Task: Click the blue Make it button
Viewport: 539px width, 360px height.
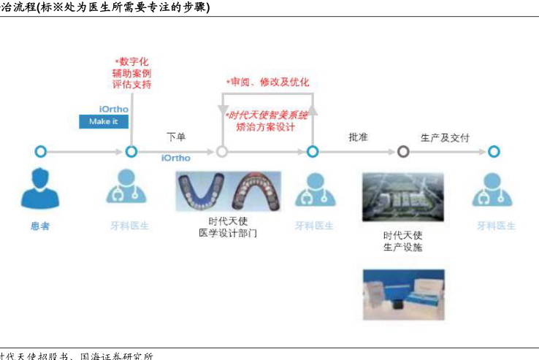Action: tap(104, 121)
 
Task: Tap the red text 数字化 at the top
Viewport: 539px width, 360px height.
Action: tap(133, 61)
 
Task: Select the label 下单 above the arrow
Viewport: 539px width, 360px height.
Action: tap(176, 137)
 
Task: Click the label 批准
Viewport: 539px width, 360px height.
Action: tap(358, 137)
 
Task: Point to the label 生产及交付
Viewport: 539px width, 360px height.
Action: tap(445, 137)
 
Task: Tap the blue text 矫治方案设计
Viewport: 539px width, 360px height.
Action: tap(266, 127)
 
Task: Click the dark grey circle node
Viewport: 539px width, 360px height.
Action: tap(403, 152)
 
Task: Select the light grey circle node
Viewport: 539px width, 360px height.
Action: tap(222, 152)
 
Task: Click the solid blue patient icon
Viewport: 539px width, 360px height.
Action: tap(40, 189)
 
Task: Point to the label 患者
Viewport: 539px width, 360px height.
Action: tap(40, 226)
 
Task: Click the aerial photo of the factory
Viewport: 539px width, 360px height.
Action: tap(402, 196)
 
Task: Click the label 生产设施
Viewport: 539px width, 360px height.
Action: tap(402, 248)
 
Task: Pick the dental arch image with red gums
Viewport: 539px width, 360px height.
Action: tap(256, 191)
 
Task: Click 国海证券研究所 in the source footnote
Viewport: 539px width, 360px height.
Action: tap(117, 356)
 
